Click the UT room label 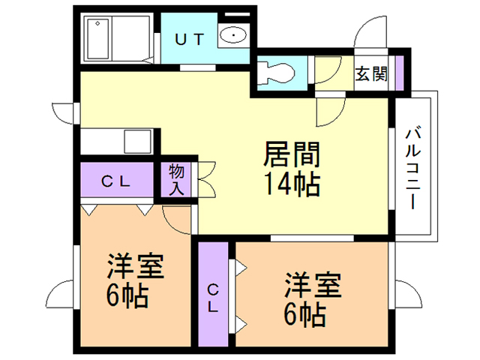click(189, 40)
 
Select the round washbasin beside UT click(232, 34)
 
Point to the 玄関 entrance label click(370, 74)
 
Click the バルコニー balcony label click(412, 168)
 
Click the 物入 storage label click(176, 179)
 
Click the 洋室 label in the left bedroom click(135, 267)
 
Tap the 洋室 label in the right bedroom click(312, 286)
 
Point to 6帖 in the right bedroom click(304, 313)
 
